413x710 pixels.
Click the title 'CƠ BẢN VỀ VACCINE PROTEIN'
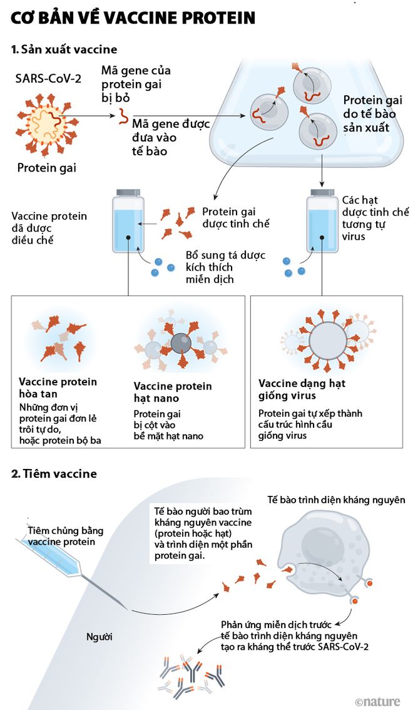click(x=133, y=18)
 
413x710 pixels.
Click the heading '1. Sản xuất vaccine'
click(x=64, y=49)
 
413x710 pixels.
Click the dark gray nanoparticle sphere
click(x=181, y=342)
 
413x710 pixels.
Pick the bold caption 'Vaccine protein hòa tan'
click(x=58, y=388)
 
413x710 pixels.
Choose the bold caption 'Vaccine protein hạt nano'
click(x=173, y=392)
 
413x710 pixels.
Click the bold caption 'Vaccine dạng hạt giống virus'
click(x=302, y=389)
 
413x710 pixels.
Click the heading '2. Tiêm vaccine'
click(x=54, y=474)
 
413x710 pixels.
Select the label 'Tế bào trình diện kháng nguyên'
click(x=336, y=500)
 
